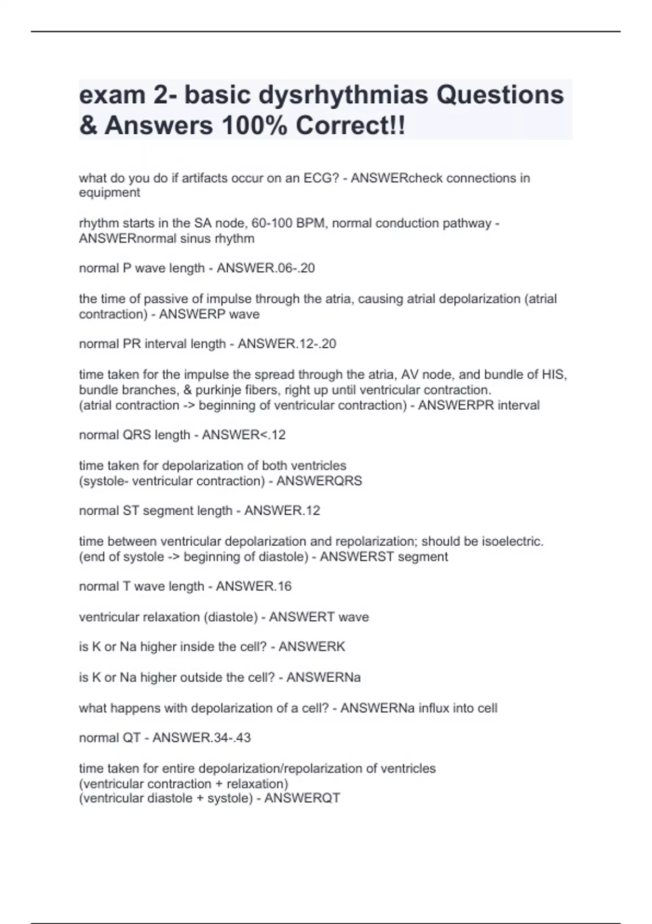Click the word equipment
point(109,193)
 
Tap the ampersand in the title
point(88,126)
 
